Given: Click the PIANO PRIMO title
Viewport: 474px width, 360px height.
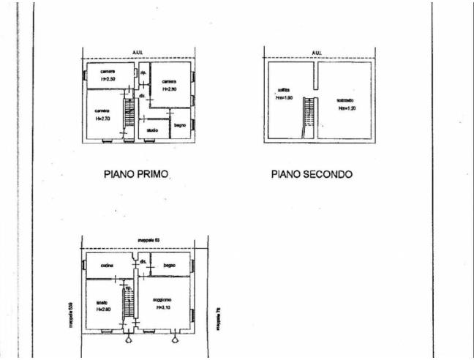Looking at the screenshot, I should pyautogui.click(x=138, y=175).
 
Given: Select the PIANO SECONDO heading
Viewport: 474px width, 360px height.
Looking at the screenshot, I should pyautogui.click(x=312, y=175).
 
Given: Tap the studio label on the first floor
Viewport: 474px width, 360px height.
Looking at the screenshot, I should pyautogui.click(x=151, y=130).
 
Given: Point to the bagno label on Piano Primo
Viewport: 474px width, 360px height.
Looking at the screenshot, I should pyautogui.click(x=180, y=125).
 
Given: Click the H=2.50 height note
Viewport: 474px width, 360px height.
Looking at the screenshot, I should pyautogui.click(x=108, y=78).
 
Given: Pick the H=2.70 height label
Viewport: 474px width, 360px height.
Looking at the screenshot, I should pyautogui.click(x=102, y=118).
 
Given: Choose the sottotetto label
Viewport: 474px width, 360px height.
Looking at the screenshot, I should pyautogui.click(x=345, y=100).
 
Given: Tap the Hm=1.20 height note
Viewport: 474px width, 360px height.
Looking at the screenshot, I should pyautogui.click(x=347, y=108).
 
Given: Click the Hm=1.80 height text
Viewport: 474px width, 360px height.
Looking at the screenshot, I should pyautogui.click(x=285, y=97).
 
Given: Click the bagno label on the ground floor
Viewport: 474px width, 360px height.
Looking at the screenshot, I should pyautogui.click(x=170, y=264).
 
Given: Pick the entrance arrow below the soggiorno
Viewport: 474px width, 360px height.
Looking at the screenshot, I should pyautogui.click(x=174, y=339).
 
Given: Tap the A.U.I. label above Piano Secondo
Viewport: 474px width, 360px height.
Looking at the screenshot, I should pyautogui.click(x=316, y=53).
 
